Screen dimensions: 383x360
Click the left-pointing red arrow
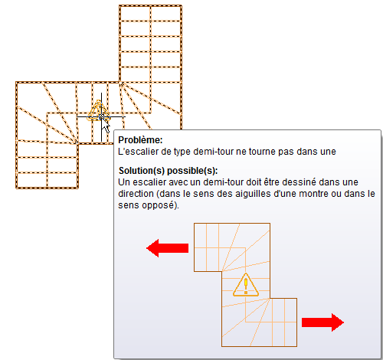[x=167, y=248]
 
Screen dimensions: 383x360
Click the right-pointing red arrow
[x=322, y=322]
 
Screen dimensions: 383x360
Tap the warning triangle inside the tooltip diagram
[x=246, y=285]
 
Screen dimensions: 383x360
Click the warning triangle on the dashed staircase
[x=98, y=111]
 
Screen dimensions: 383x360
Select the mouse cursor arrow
[x=105, y=126]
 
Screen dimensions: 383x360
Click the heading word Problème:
[x=140, y=140]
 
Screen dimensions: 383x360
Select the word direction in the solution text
[x=136, y=194]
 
